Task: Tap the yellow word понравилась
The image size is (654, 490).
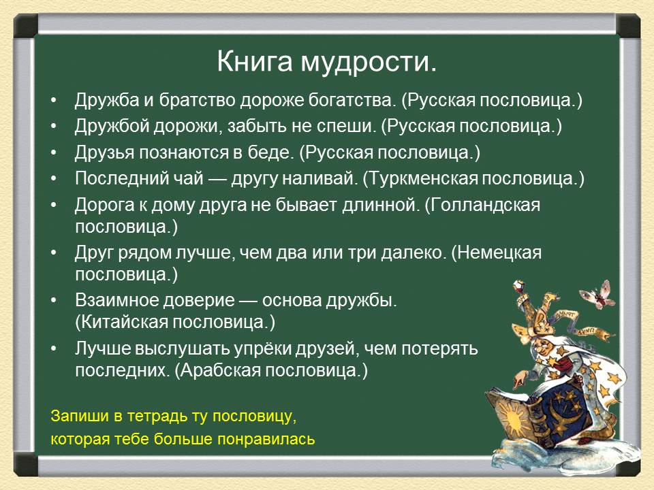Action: pyautogui.click(x=266, y=439)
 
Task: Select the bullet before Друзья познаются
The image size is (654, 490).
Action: pyautogui.click(x=54, y=153)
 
